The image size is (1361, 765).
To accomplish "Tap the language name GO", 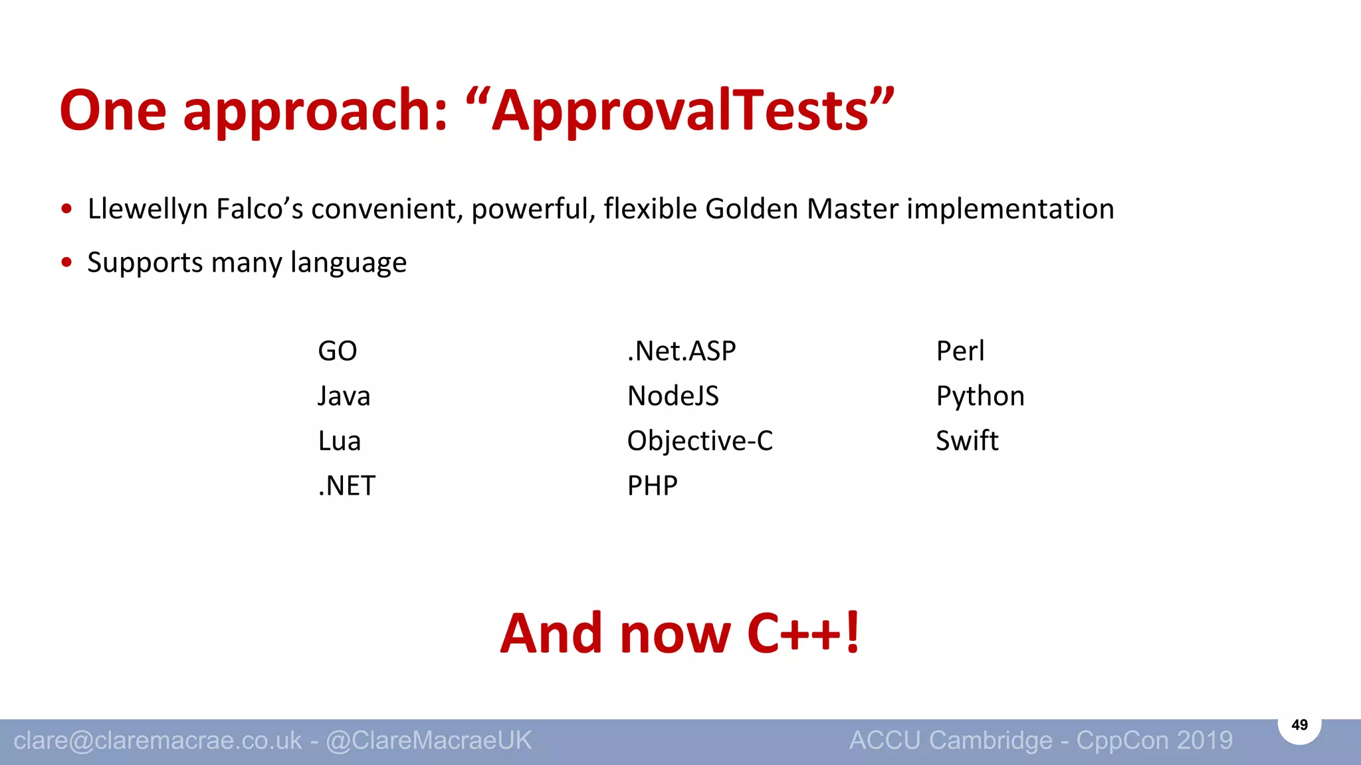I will pos(338,351).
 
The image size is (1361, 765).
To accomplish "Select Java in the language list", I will pos(344,396).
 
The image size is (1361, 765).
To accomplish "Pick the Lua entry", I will pos(339,441).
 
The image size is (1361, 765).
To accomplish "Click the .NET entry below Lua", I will pos(347,486).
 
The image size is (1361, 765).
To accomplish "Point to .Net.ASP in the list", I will pos(681,351).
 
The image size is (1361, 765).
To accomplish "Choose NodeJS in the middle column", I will pos(673,396).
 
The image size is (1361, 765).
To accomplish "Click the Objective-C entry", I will pos(700,441).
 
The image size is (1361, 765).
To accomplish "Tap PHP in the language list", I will pos(652,486).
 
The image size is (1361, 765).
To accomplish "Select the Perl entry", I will pos(960,351).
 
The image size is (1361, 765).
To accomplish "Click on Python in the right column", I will pos(980,396).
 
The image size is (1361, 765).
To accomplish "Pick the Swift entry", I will pos(967,441).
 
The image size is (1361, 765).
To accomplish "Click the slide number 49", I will pos(1299,725).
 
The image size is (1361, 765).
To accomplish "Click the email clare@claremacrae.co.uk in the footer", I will pos(157,740).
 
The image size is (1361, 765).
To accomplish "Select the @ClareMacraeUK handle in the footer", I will pos(429,740).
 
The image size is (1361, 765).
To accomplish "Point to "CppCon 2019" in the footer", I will pos(1154,740).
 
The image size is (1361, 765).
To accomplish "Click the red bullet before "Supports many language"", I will pos(66,262).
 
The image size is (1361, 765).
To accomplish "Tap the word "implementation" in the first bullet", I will pos(1010,209).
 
